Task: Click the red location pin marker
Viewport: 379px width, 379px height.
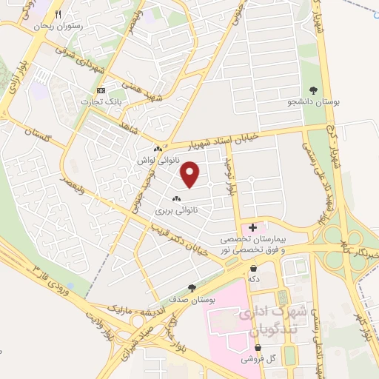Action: click(x=191, y=174)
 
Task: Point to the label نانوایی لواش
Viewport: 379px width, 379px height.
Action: click(x=155, y=159)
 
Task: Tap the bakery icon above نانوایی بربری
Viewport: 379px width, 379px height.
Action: click(x=176, y=199)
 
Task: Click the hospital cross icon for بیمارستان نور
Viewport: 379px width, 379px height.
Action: click(x=253, y=227)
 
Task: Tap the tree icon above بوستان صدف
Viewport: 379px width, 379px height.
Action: click(x=192, y=287)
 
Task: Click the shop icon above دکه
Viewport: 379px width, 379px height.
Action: click(x=254, y=269)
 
